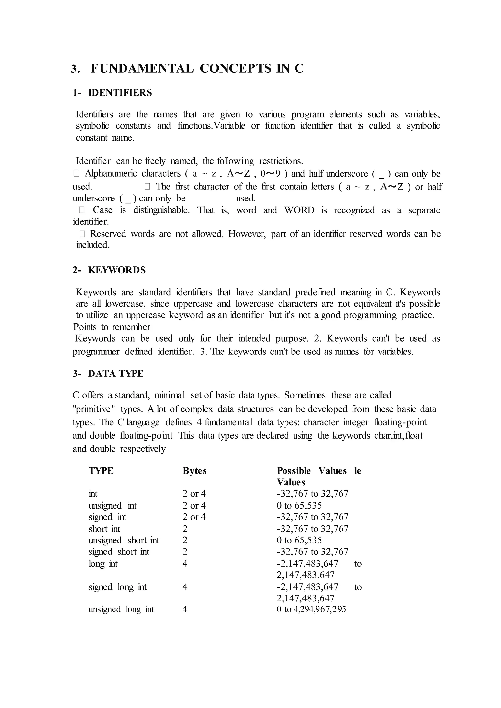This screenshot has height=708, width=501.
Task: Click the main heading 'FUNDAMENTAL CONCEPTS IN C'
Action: coord(197,68)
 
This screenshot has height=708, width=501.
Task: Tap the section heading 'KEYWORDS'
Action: coord(117,270)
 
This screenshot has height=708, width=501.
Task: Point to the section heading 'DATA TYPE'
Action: coord(115,374)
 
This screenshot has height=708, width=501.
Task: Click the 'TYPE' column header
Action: coord(101,471)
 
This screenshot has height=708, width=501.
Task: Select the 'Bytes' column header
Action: coord(194,471)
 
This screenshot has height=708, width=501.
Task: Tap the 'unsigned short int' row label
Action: coord(124,540)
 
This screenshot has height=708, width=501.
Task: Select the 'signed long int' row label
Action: coord(117,587)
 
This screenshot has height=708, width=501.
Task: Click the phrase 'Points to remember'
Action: coord(112,327)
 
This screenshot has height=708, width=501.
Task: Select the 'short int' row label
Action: coord(104,529)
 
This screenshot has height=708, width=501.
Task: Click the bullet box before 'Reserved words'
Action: coord(82,234)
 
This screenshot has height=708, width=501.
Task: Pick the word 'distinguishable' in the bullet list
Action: coord(161,210)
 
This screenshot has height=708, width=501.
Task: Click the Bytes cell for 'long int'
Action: coord(185,564)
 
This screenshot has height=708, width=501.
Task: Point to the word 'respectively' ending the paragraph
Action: coord(143,449)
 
